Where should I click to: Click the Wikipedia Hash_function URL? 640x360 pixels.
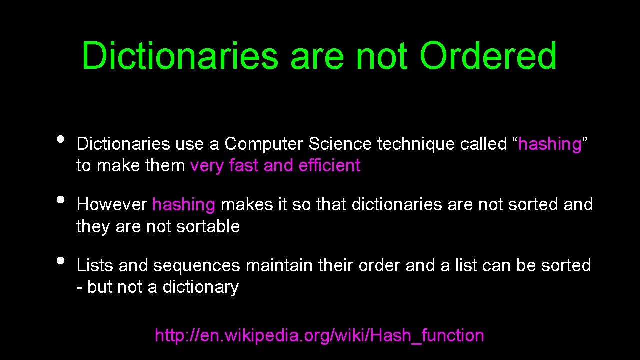[x=319, y=335]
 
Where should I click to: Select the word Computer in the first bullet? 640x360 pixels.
[x=264, y=144]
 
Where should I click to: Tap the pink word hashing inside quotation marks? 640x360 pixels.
[x=550, y=144]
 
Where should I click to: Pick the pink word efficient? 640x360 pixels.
[x=329, y=166]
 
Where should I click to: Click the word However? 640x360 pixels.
[x=112, y=205]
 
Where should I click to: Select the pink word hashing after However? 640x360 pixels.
[x=183, y=205]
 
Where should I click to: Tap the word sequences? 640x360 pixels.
[x=197, y=265]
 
